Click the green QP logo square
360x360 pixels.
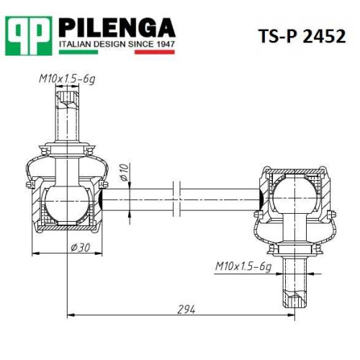(29, 36)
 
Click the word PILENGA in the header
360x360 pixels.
(117, 28)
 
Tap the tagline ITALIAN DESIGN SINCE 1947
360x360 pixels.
(117, 44)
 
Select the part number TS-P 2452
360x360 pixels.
(302, 36)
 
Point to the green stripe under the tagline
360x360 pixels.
(78, 52)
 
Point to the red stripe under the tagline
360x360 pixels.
(155, 52)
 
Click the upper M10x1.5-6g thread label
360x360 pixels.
(67, 79)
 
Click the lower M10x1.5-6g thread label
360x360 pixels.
(243, 266)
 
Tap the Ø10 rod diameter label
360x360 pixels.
(125, 173)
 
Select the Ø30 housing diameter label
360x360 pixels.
(81, 248)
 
